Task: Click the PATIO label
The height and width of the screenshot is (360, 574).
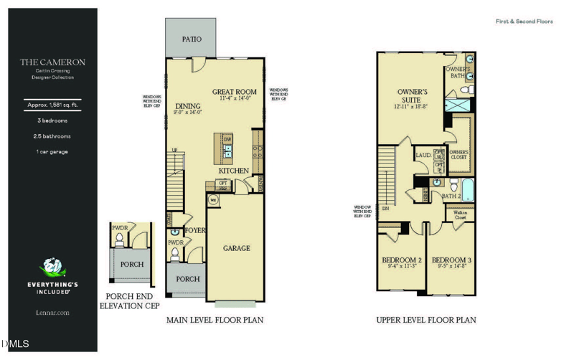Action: (x=191, y=39)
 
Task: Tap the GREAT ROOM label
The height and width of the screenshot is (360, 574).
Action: (x=234, y=92)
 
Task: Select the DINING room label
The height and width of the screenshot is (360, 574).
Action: (x=188, y=107)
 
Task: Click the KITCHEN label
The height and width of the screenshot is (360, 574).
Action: (x=234, y=171)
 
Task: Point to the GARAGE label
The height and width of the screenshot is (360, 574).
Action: (x=236, y=248)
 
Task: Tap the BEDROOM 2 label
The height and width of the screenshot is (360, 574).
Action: (x=401, y=260)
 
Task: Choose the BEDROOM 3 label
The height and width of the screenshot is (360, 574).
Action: (x=451, y=260)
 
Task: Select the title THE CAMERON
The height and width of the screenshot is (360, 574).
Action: (x=52, y=62)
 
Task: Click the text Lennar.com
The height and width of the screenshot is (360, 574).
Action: (x=52, y=313)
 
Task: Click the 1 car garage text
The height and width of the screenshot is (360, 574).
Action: (x=52, y=152)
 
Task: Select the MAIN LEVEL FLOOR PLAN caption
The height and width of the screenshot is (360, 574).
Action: (x=215, y=320)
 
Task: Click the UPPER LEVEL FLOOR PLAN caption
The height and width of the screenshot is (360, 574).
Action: (x=426, y=320)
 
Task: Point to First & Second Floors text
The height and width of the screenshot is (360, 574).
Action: (x=524, y=22)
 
